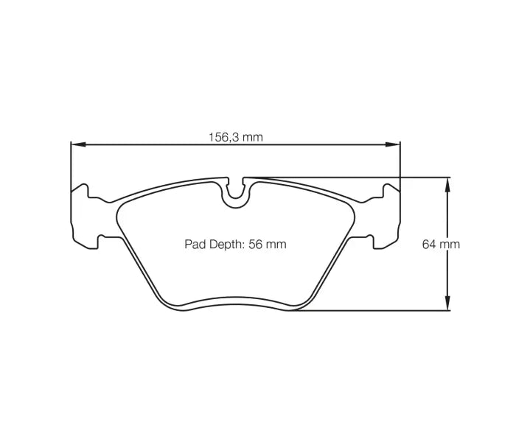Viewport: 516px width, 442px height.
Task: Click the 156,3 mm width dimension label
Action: pyautogui.click(x=235, y=137)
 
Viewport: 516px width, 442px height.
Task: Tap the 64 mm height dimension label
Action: pyautogui.click(x=441, y=244)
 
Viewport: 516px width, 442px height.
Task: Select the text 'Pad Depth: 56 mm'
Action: pyautogui.click(x=235, y=244)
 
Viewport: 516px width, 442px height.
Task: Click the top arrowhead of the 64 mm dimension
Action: pyautogui.click(x=447, y=182)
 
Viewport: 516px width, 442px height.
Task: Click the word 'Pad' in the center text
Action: pyautogui.click(x=193, y=244)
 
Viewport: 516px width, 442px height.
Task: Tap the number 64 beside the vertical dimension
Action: pyautogui.click(x=430, y=244)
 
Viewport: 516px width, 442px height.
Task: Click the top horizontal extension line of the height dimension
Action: pyautogui.click(x=354, y=178)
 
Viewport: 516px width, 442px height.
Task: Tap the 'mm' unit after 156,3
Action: pyautogui.click(x=253, y=137)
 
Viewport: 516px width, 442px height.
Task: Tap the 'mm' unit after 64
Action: pyautogui.click(x=450, y=244)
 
